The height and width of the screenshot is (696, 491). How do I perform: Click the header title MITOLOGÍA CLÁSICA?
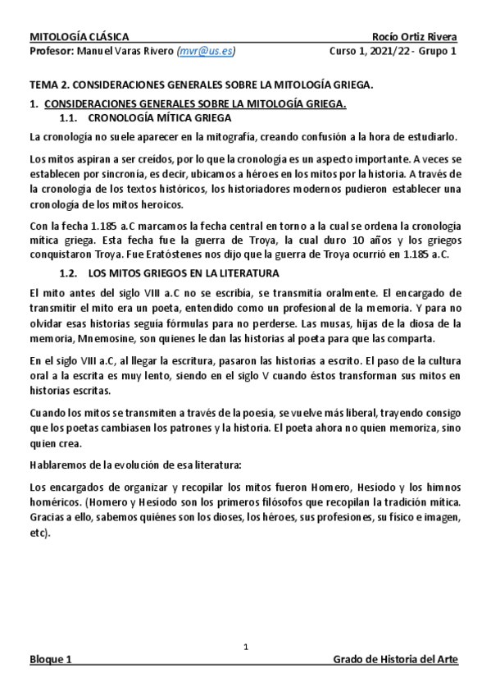point(79,36)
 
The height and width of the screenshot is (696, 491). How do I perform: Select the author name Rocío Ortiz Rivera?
point(414,36)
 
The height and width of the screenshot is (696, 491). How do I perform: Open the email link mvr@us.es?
point(206,51)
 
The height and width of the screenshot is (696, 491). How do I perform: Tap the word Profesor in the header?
point(50,51)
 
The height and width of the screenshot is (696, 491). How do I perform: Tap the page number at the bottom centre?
point(245,648)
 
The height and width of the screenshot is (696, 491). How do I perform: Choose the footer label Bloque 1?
point(51,661)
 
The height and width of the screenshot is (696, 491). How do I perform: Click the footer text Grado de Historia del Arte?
point(396,661)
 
